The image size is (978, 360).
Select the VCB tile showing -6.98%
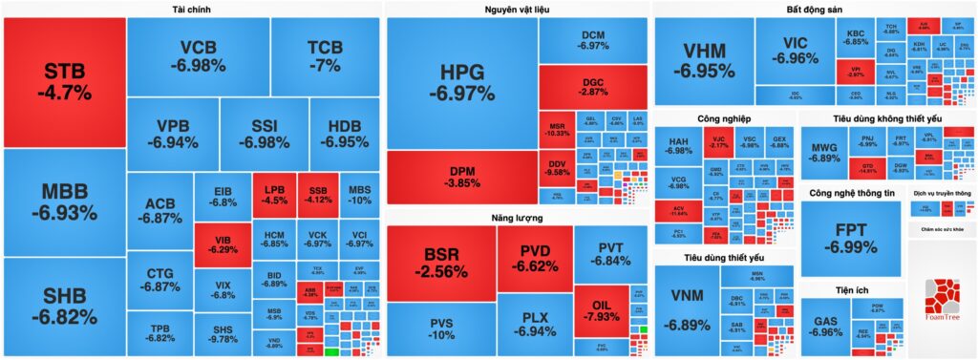click(198, 56)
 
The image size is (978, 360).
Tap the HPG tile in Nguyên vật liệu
click(461, 82)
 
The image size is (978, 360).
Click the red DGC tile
click(593, 86)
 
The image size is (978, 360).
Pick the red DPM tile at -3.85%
click(461, 177)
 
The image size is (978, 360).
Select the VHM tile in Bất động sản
click(703, 60)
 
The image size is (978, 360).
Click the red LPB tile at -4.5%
click(274, 195)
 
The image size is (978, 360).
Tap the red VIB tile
click(222, 244)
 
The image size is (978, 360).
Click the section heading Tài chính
click(192, 10)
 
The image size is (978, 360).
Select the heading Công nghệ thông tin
click(851, 193)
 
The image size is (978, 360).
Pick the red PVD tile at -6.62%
click(534, 259)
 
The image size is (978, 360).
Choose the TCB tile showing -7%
click(324, 56)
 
